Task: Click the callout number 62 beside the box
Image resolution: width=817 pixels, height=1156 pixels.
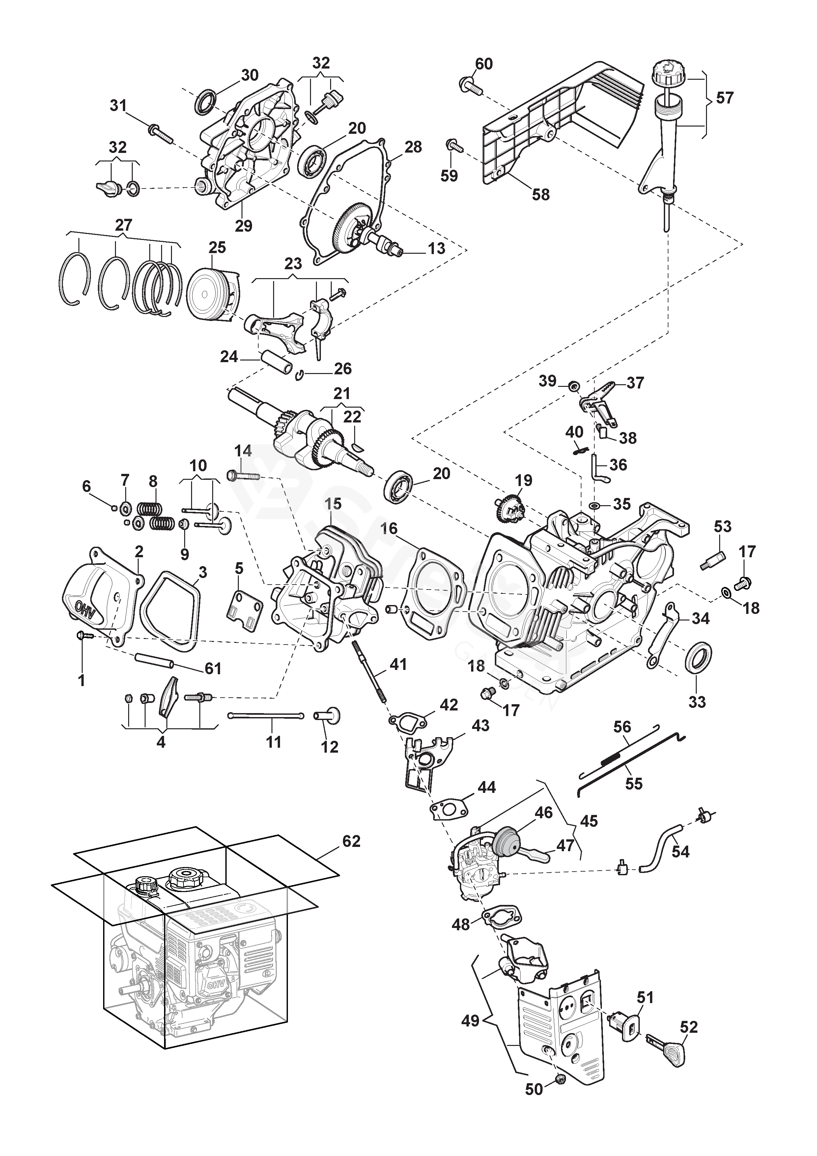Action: [x=352, y=841]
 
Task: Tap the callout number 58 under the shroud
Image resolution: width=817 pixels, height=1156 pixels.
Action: [x=541, y=194]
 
